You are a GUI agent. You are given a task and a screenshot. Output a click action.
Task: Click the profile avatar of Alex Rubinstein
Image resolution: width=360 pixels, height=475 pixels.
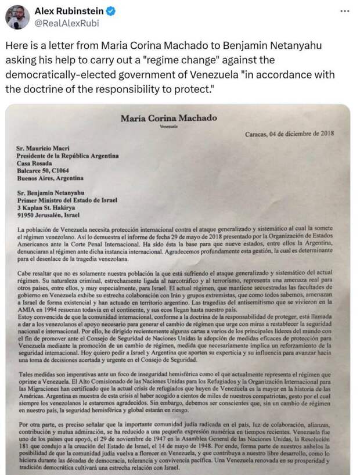click(x=17, y=17)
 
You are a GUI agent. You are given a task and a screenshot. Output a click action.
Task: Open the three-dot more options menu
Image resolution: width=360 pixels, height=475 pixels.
click(x=345, y=11)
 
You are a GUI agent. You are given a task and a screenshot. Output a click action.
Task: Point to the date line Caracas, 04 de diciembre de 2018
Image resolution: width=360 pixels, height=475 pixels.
click(x=289, y=133)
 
